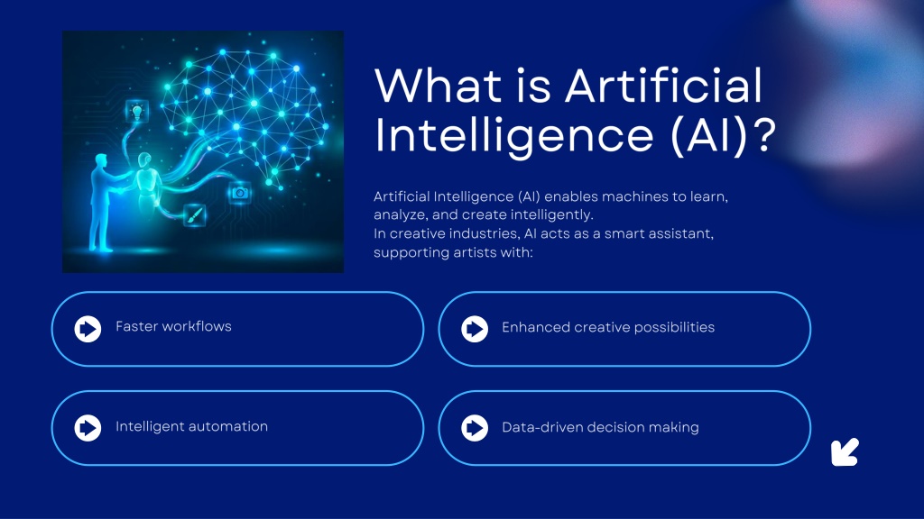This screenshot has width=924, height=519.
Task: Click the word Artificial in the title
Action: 664,86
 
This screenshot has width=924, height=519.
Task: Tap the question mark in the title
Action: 764,135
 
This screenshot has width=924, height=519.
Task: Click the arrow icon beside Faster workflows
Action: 88,329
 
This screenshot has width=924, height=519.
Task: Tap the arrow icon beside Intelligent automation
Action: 88,428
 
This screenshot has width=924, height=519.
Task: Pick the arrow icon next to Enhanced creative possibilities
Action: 475,329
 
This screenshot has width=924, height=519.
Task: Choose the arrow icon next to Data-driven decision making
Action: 475,428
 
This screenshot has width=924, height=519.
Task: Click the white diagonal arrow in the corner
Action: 845,452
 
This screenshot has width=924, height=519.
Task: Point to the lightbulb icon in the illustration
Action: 137,111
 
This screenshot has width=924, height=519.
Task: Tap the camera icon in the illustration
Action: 240,193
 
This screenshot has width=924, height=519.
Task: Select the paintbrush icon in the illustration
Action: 195,215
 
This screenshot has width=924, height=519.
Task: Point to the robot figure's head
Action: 144,160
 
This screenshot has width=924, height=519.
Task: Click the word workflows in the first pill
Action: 197,326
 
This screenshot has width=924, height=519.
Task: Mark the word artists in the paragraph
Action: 475,252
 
